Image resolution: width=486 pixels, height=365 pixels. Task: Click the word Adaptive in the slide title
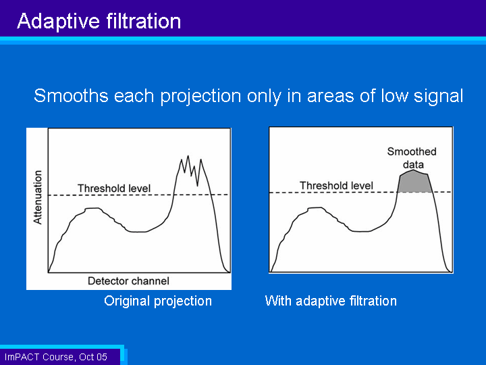58,22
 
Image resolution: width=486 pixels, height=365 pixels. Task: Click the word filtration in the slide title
144,21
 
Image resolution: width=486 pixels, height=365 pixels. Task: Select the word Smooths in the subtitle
71,95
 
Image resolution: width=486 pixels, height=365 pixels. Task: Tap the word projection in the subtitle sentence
200,96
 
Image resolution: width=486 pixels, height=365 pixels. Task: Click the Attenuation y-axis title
38,197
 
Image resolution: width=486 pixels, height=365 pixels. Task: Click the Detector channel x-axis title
128,281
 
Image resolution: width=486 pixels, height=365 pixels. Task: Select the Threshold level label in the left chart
114,188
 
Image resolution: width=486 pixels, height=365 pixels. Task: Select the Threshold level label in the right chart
336,186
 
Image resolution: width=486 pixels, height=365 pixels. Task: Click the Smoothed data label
412,157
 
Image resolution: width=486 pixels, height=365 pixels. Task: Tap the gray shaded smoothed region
414,182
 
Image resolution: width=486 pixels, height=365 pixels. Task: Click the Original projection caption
158,301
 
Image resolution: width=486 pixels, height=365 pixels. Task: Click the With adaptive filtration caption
331,301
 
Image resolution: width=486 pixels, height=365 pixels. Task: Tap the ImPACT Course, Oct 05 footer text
56,357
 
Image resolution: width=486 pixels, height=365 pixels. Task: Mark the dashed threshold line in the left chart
139,195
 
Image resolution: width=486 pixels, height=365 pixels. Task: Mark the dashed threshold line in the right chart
360,193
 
